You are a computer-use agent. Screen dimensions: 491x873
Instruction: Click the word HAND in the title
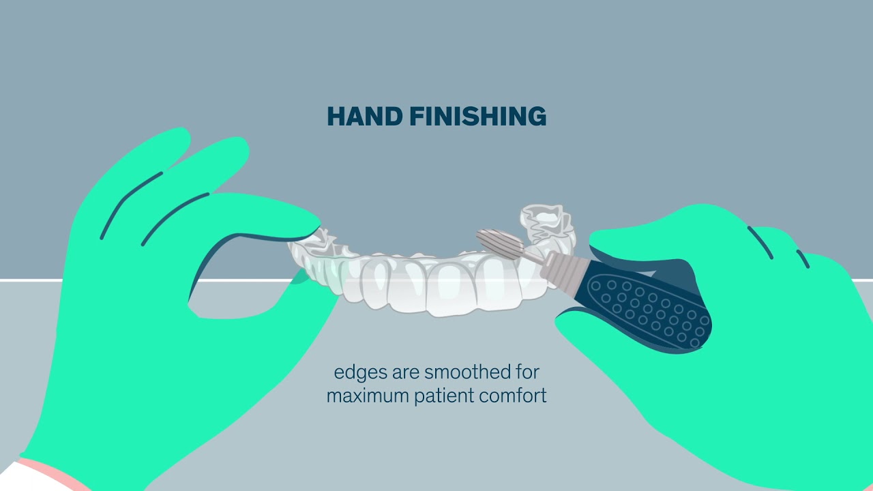coord(364,117)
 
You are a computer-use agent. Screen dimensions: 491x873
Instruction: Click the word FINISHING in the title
coord(477,117)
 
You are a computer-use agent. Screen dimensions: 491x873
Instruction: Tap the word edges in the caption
coord(359,373)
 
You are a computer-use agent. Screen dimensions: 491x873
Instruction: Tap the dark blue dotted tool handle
coord(648,307)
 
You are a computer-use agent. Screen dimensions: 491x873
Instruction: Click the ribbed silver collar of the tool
coord(559,269)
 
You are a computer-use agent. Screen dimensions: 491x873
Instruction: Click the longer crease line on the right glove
coord(760,242)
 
